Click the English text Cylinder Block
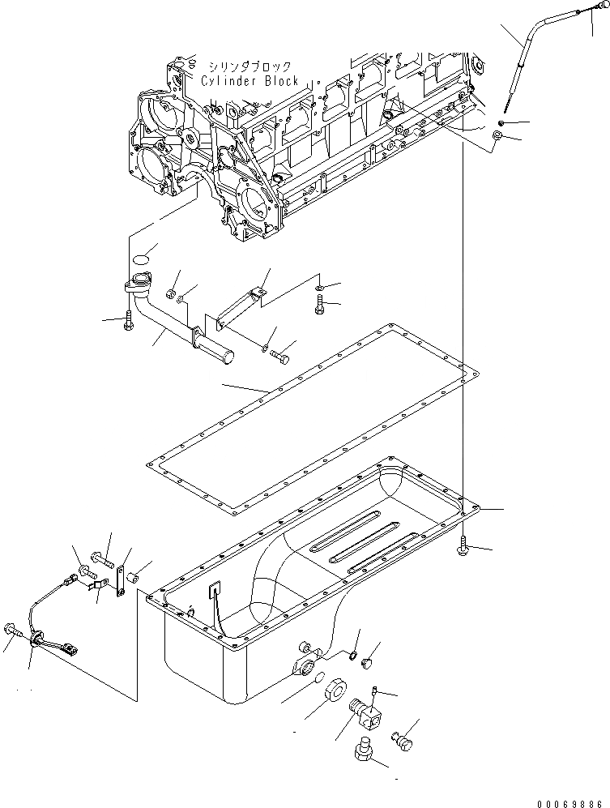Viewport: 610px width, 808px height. (x=250, y=81)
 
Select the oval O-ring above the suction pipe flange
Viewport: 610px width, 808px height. (x=142, y=259)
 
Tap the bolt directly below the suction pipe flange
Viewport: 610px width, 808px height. (x=128, y=321)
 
